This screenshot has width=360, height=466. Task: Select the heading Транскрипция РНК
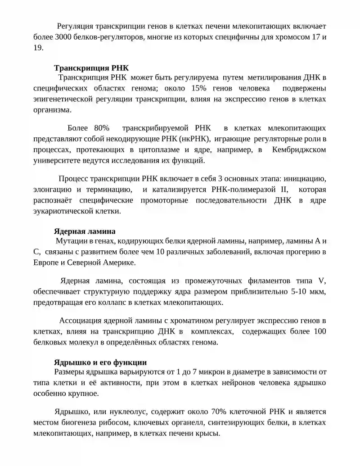[91, 68]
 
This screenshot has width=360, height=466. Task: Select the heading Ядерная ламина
[85, 231]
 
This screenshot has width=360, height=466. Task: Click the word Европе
[45, 262]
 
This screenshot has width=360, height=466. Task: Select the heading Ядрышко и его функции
[100, 362]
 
